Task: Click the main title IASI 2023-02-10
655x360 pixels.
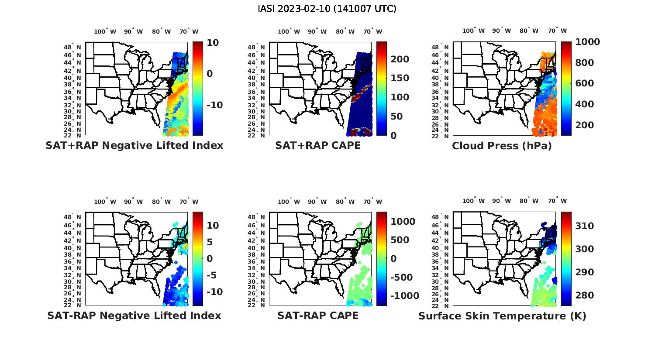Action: (327, 9)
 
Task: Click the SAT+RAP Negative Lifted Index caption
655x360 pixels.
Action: (134, 146)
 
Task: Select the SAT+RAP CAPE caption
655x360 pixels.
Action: (318, 146)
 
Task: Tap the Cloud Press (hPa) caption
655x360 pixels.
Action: (502, 146)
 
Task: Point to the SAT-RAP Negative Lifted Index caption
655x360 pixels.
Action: (134, 315)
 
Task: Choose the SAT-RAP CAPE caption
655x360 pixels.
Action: (318, 315)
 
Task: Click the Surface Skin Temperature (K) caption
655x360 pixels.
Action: (502, 316)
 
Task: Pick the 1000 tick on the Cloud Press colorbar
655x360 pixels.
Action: (587, 42)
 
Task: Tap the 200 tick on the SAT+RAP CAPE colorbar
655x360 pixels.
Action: (400, 59)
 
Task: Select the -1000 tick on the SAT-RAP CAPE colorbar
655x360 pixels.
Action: (404, 296)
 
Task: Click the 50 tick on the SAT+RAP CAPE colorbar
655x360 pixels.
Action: (396, 117)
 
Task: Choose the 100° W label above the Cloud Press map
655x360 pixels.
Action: (473, 31)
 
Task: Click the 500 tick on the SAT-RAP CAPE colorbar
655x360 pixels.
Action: (400, 240)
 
